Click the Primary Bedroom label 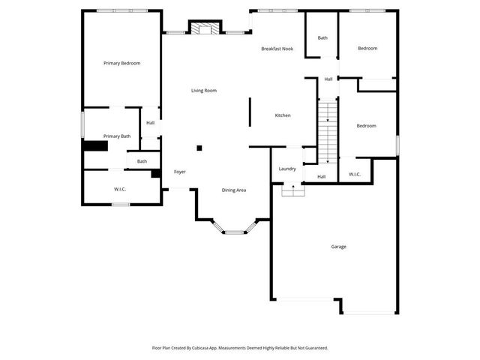coord(121,64)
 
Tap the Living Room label coord(203,91)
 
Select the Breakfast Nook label coord(277,49)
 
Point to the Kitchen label coord(283,115)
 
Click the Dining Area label coord(234,190)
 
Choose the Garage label coord(338,247)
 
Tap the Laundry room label coord(287,169)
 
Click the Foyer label coord(180,172)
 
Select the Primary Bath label coord(117,136)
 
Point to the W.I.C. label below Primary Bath coord(120,189)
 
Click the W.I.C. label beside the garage coord(355,175)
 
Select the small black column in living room coord(199,148)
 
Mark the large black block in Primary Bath coord(94,146)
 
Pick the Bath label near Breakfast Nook coord(322,38)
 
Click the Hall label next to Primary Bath coord(151,123)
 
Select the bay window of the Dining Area coord(235,232)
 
